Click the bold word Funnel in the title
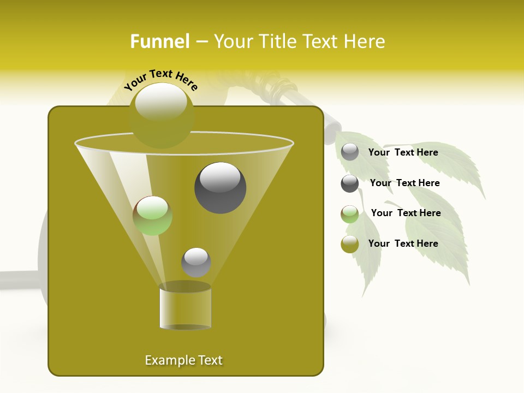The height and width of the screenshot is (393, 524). pyautogui.click(x=159, y=41)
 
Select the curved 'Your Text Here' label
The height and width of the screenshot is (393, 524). pyautogui.click(x=161, y=80)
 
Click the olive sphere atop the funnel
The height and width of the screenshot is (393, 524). pyautogui.click(x=162, y=115)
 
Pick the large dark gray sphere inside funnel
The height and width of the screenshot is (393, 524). pyautogui.click(x=220, y=187)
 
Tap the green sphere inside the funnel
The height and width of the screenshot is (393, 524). pyautogui.click(x=153, y=215)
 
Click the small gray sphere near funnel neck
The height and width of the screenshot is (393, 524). pyautogui.click(x=196, y=262)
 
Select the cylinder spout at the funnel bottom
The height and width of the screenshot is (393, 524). pyautogui.click(x=185, y=307)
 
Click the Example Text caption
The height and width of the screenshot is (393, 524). pyautogui.click(x=184, y=360)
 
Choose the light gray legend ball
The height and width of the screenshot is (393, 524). pyautogui.click(x=350, y=152)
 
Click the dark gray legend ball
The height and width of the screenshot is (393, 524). pyautogui.click(x=350, y=183)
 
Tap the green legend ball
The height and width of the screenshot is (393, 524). pyautogui.click(x=350, y=214)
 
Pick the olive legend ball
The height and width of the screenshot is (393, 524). pyautogui.click(x=350, y=244)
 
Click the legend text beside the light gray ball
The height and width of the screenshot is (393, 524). pyautogui.click(x=403, y=152)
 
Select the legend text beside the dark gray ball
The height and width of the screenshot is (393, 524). pyautogui.click(x=404, y=183)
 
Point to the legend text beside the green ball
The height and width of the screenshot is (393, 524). pyautogui.click(x=406, y=213)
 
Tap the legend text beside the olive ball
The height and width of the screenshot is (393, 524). pyautogui.click(x=403, y=243)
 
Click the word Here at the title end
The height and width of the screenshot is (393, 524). pyautogui.click(x=365, y=41)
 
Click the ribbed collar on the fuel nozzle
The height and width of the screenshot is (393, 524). pyautogui.click(x=282, y=87)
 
